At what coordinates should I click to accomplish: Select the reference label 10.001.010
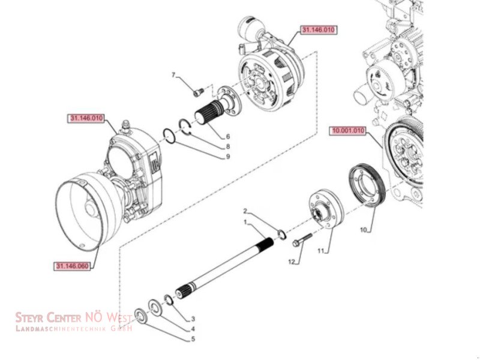[347, 130]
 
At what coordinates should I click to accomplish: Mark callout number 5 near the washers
[193, 339]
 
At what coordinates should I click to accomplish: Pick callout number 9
[228, 157]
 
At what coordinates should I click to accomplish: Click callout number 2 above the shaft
[245, 211]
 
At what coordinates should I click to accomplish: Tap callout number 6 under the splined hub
[228, 136]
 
